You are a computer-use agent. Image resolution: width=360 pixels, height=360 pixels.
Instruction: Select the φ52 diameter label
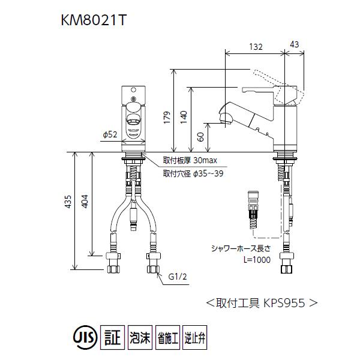pyautogui.click(x=109, y=136)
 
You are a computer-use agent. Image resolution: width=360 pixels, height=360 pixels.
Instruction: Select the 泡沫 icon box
pyautogui.click(x=140, y=337)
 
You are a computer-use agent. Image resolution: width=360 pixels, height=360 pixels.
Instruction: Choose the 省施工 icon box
pyautogui.click(x=167, y=337)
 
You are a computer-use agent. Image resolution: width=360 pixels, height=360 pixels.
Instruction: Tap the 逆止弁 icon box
pyautogui.click(x=194, y=337)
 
